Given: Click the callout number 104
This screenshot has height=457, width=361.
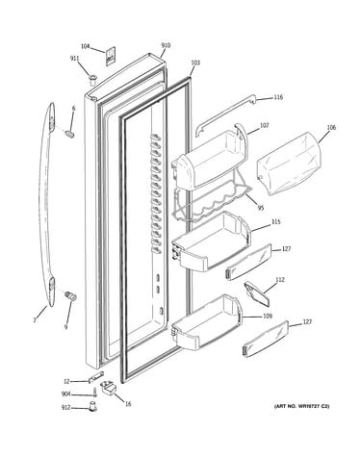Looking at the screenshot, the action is click(85, 46).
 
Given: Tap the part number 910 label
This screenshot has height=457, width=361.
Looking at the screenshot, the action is click(166, 45).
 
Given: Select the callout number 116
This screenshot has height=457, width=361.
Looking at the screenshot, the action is click(278, 97).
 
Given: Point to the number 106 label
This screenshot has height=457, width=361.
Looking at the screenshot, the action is click(331, 128).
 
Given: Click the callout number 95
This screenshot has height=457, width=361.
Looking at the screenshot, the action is click(261, 208).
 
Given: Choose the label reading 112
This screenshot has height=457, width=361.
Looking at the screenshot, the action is click(280, 280).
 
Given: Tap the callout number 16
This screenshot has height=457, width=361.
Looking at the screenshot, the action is click(128, 404).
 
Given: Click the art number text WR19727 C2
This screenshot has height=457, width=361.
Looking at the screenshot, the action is click(311, 406).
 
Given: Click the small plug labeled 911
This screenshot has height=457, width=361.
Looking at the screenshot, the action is click(93, 79).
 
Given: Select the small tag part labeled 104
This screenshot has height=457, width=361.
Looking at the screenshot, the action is click(111, 57).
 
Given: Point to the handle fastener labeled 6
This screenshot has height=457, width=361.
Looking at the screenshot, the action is click(70, 134).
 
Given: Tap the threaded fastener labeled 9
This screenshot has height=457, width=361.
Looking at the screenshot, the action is click(70, 295).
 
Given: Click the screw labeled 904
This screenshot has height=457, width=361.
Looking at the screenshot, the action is click(94, 393).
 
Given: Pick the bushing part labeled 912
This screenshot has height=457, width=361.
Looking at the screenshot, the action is click(93, 406).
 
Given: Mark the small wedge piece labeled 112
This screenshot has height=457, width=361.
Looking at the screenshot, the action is click(257, 294).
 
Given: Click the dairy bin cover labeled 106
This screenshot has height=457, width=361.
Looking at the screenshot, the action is click(292, 163).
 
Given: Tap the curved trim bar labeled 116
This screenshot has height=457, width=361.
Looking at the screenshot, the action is click(225, 114).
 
